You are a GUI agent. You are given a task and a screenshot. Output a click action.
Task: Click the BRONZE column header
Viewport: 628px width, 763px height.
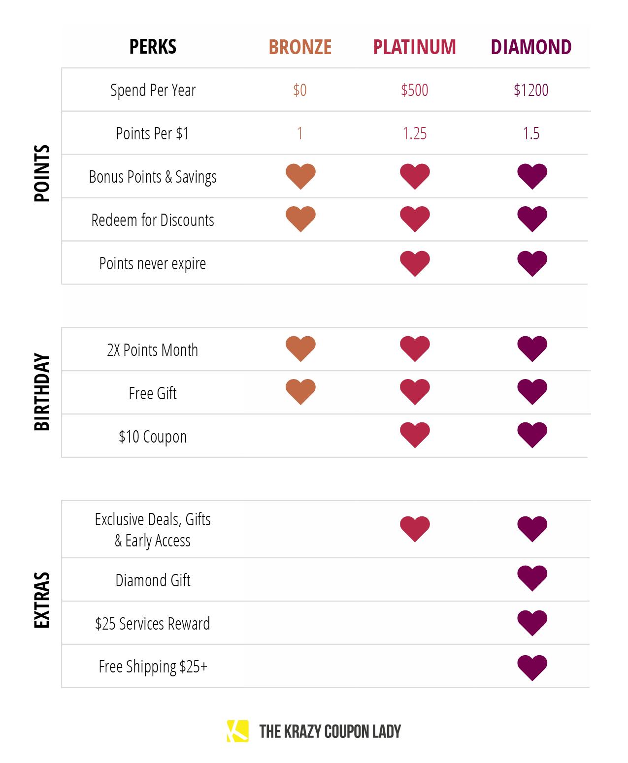(x=300, y=47)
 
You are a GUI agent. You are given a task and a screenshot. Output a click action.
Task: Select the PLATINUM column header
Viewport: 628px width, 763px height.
(x=414, y=47)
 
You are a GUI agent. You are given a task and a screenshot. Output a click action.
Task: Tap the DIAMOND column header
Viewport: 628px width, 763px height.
(x=531, y=47)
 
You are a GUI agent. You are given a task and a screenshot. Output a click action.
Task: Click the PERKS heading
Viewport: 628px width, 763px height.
(x=153, y=47)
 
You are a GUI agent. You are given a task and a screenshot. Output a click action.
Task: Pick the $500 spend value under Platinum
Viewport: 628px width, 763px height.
(x=414, y=90)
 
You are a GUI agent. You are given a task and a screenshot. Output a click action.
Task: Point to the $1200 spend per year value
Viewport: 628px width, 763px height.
(x=531, y=90)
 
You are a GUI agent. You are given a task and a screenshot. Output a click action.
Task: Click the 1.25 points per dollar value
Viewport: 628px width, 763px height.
(x=414, y=133)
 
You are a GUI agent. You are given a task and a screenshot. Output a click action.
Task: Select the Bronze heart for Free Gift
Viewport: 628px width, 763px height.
(x=300, y=392)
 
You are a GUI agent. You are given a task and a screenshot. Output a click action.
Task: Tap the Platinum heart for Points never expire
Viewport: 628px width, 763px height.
(x=415, y=263)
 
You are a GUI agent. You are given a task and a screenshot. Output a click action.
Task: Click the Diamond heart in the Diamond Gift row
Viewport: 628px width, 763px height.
(x=532, y=578)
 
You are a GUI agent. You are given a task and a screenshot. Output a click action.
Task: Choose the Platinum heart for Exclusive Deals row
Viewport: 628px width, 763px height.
(x=415, y=529)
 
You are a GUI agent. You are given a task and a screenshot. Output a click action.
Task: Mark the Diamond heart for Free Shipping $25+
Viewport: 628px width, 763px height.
(x=532, y=668)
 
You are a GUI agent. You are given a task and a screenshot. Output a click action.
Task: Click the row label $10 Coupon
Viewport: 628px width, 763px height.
(x=153, y=437)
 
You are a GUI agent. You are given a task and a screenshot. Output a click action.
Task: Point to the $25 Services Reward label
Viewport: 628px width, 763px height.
(x=153, y=624)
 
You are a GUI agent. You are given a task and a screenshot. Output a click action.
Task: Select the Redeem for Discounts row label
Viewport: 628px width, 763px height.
(x=153, y=220)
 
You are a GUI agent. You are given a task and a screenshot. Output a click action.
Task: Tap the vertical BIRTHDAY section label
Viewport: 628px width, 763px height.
(x=42, y=392)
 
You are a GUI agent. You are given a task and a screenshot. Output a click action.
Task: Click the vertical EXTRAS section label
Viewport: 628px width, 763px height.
(x=42, y=600)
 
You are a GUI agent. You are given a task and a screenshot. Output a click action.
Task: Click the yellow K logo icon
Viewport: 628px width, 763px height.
(x=237, y=731)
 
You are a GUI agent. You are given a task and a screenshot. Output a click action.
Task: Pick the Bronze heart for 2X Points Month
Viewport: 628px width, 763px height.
(x=300, y=349)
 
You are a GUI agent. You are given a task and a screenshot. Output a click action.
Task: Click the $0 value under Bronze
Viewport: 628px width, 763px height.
(x=300, y=90)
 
